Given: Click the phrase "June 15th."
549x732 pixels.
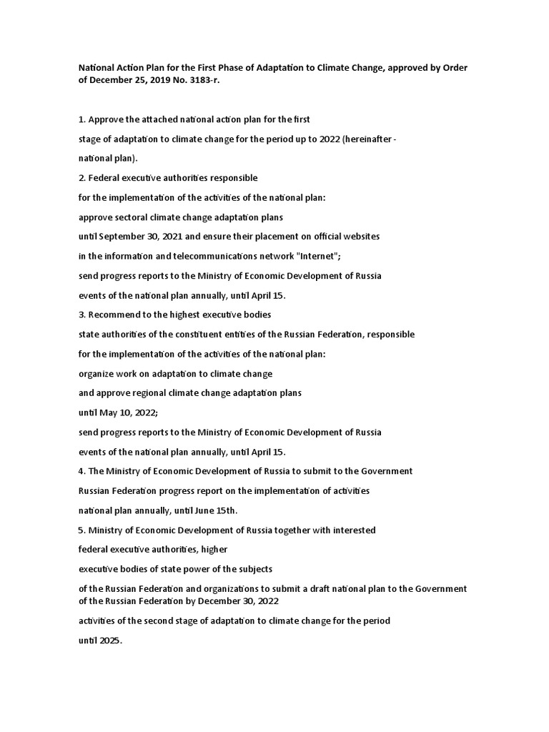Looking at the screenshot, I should coord(212,510).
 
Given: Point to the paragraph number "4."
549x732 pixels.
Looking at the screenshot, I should coord(81,471).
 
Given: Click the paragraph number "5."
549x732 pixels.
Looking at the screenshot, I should coord(81,530).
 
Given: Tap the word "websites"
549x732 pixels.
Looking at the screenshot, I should coord(360,235).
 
